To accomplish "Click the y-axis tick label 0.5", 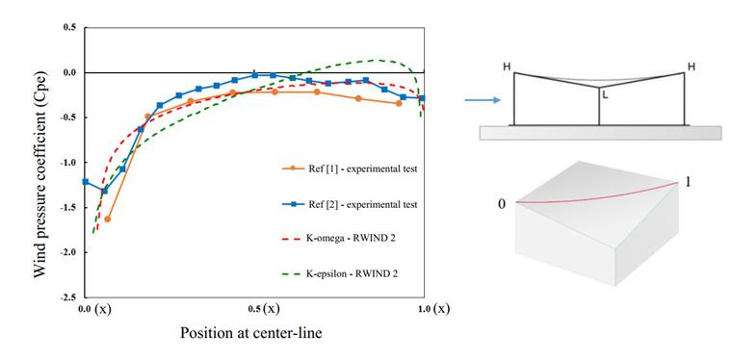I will coord(69,28).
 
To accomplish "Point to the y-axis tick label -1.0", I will coord(67,163).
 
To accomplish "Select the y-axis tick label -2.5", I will coord(67,297).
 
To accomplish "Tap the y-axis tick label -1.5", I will coord(67,207).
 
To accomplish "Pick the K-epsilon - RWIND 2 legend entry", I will coord(347,273).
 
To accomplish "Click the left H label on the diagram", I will coord(508,66).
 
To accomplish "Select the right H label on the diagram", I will coord(691,65).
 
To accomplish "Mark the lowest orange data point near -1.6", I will coord(107,220).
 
